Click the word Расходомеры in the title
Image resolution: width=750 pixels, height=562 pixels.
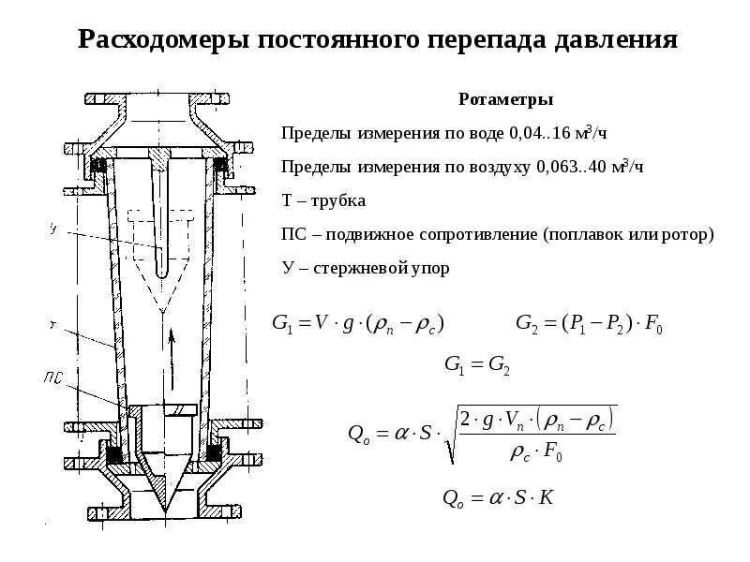(x=155, y=40)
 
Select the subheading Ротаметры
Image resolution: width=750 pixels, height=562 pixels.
(x=505, y=99)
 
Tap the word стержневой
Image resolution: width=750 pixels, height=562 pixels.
(x=357, y=268)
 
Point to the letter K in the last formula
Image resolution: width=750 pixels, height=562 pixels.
(x=547, y=496)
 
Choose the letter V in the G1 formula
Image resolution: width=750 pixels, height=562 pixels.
(x=319, y=324)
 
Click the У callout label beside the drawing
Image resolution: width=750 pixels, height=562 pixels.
(x=53, y=228)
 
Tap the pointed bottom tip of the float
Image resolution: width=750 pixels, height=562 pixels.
(x=165, y=510)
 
